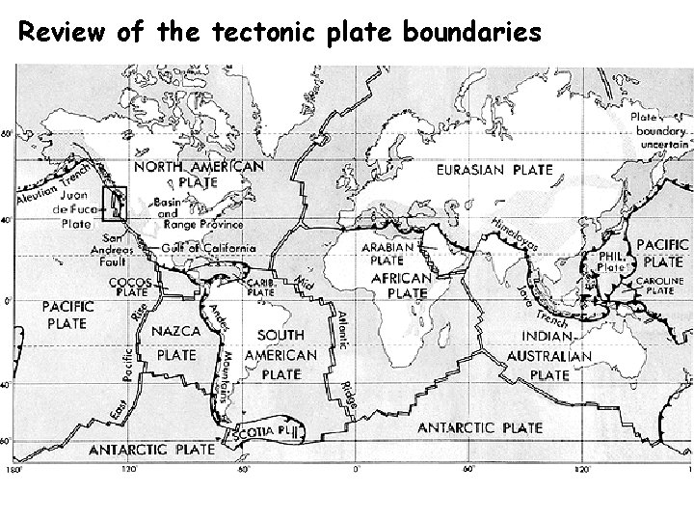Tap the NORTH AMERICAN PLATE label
198,174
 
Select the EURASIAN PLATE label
495,170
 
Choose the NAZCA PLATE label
176,342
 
